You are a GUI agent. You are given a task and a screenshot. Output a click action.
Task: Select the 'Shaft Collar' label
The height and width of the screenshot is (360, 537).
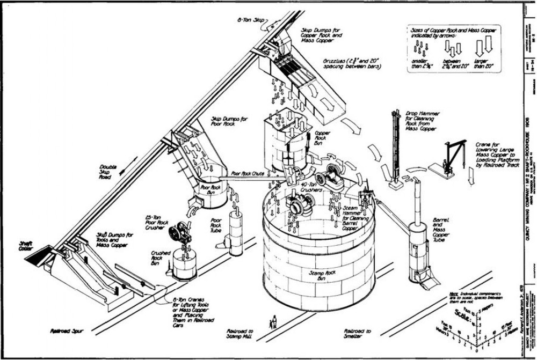25,245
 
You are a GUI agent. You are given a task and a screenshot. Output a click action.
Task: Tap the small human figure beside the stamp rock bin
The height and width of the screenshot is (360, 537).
275,322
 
